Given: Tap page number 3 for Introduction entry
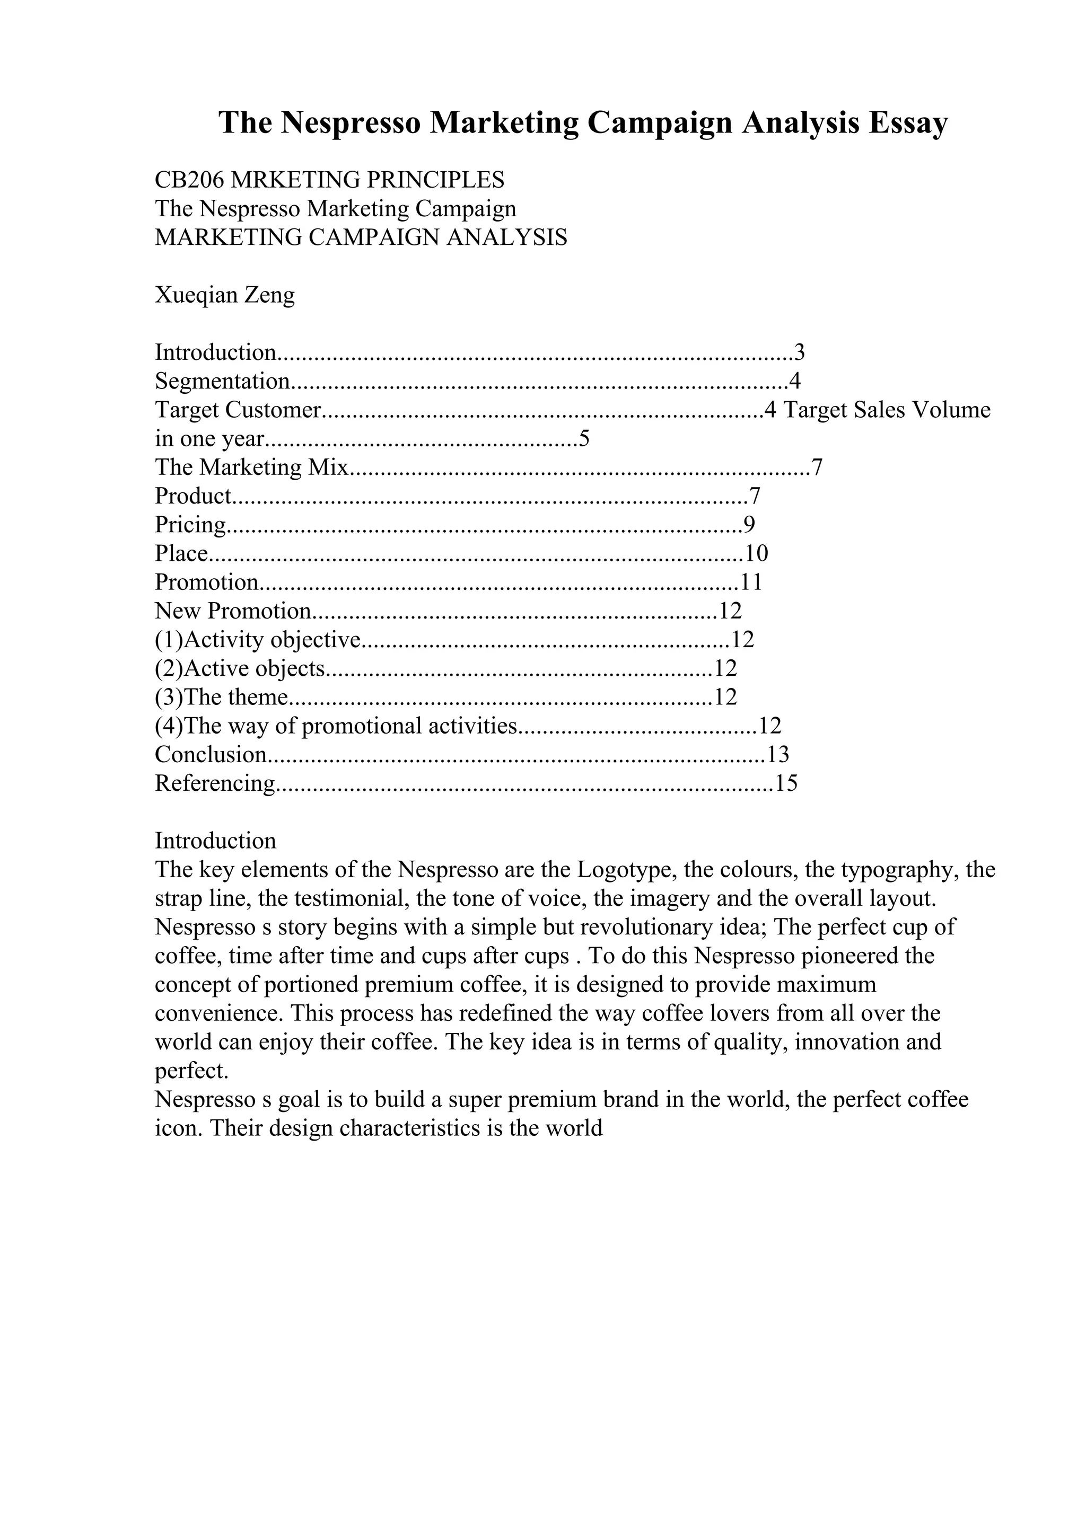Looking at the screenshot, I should click(x=799, y=352).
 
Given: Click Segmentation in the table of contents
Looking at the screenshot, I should click(x=222, y=381).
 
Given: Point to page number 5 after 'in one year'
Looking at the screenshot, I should click(x=584, y=439).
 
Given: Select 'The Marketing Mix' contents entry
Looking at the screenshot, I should click(x=251, y=467).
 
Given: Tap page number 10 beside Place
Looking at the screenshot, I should click(x=757, y=553).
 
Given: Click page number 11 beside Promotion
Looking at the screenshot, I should click(x=751, y=582).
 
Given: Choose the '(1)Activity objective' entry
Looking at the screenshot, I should click(x=258, y=640).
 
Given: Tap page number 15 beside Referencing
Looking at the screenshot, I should click(x=786, y=783).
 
